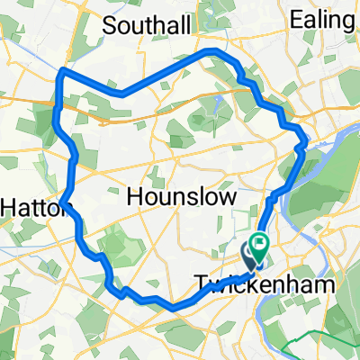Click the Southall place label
point(147,26)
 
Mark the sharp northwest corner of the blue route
point(60,71)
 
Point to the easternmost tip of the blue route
point(308,140)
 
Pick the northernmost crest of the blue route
point(211,51)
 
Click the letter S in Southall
point(110,26)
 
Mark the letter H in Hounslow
point(137,197)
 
